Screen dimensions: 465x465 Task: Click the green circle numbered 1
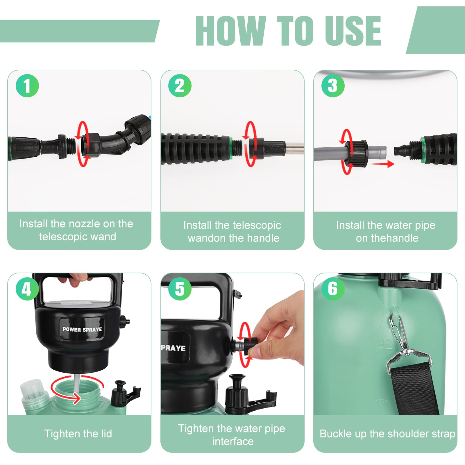tap(27, 86)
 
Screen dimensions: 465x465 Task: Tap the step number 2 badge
tap(180, 86)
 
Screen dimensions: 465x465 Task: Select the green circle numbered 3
tap(333, 86)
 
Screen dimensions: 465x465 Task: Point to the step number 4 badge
tap(27, 289)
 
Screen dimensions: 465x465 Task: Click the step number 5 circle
tap(180, 289)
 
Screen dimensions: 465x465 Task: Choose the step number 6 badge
tap(333, 289)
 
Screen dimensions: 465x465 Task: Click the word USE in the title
tap(353, 31)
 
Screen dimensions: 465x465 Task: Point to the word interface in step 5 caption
tap(233, 441)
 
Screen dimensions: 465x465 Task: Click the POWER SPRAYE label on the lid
tap(82, 329)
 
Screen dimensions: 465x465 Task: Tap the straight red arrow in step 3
tap(383, 164)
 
